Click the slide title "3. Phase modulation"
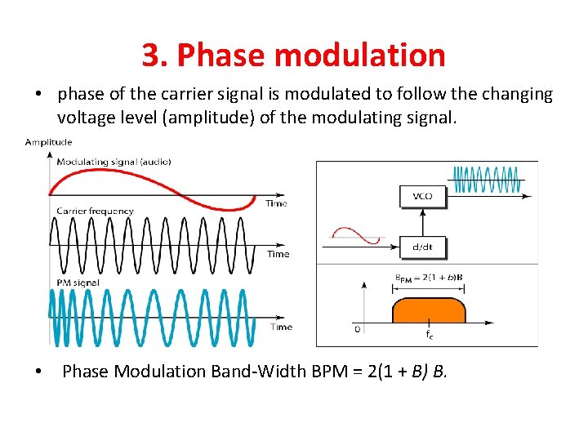click(293, 55)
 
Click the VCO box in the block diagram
click(422, 196)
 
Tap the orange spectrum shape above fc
click(428, 311)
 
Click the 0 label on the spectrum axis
click(357, 329)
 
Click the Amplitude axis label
click(48, 142)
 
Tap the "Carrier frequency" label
click(95, 212)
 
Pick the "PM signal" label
click(78, 283)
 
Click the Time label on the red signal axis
click(276, 203)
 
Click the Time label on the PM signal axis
click(281, 327)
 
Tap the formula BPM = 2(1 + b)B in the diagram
click(429, 278)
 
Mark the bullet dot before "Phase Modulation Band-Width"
click(38, 372)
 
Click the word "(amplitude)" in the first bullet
click(209, 118)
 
